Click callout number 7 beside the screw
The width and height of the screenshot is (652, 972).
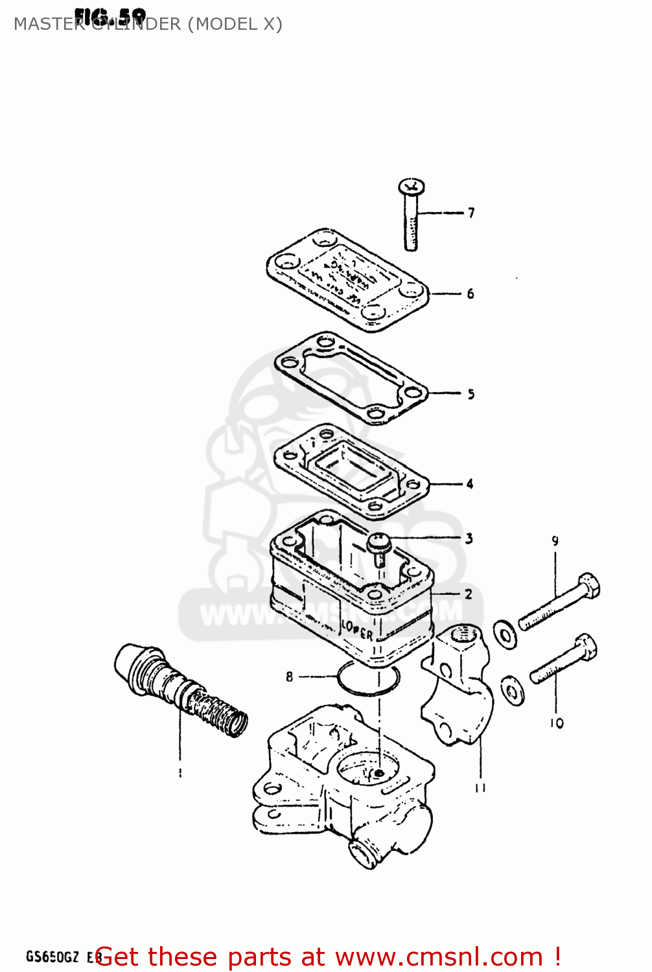pos(471,213)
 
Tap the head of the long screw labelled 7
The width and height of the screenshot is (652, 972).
pos(412,187)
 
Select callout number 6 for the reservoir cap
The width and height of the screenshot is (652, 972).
pos(471,294)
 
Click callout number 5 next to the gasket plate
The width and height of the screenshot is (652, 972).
pos(471,394)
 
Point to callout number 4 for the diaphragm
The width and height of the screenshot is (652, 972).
pos(470,483)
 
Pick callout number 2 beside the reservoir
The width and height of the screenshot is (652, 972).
pos(469,594)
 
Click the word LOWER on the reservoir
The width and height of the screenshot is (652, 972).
pos(357,629)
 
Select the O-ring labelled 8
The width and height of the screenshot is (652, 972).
pos(367,680)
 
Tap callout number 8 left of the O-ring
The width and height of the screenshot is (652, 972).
pos(289,677)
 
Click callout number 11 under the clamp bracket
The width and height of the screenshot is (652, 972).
pos(480,787)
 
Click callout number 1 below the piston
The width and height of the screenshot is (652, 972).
pos(180,772)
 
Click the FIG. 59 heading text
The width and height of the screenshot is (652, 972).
pos(110,16)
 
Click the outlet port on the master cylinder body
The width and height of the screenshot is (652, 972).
pos(361,853)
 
